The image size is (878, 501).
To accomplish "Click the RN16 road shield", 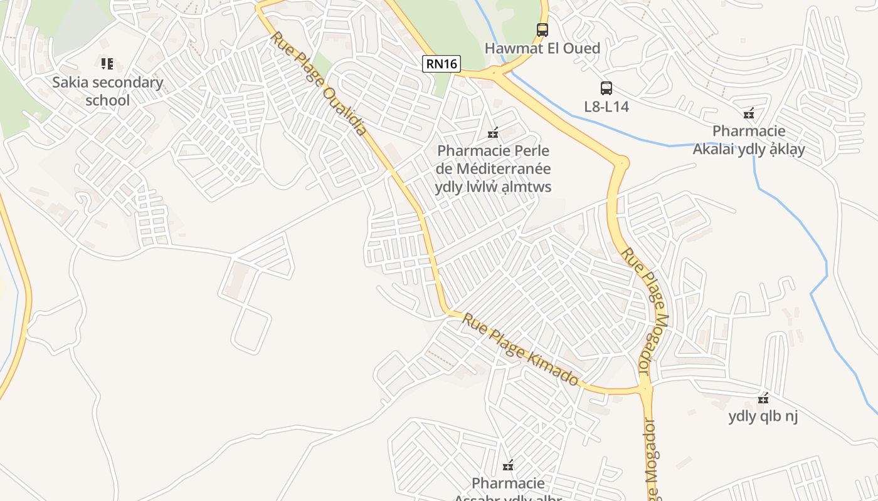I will pyautogui.click(x=442, y=63).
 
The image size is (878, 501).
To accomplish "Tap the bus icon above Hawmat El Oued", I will pyautogui.click(x=542, y=29).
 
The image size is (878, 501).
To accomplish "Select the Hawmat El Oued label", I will pyautogui.click(x=542, y=48).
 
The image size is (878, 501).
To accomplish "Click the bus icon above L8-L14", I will pyautogui.click(x=606, y=88).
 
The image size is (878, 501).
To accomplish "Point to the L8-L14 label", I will pyautogui.click(x=606, y=106).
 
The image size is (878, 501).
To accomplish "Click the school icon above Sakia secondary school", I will pyautogui.click(x=107, y=63).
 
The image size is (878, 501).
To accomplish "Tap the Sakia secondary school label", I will pyautogui.click(x=107, y=91).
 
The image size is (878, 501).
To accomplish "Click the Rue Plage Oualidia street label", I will pyautogui.click(x=319, y=84).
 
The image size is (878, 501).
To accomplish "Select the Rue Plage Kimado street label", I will pyautogui.click(x=521, y=349).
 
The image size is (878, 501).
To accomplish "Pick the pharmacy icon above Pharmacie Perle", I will pyautogui.click(x=493, y=133).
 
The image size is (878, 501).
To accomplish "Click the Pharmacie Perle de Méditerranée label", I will pyautogui.click(x=493, y=169).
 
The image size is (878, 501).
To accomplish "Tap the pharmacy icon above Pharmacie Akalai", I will pyautogui.click(x=748, y=114).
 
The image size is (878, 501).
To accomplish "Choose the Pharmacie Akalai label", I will pyautogui.click(x=748, y=140).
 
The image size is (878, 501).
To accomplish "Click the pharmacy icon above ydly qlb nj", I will pyautogui.click(x=763, y=398).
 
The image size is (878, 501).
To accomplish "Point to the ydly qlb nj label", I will pyautogui.click(x=763, y=416).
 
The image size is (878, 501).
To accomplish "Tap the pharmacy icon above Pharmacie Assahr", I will pyautogui.click(x=508, y=466).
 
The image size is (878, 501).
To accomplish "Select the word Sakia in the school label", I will pyautogui.click(x=71, y=82).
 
